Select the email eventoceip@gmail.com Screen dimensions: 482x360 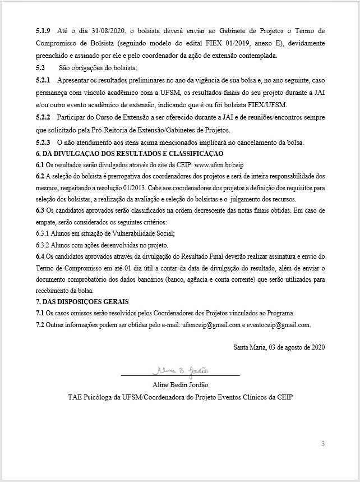[276, 324]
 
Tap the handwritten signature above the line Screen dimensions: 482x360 [180, 371]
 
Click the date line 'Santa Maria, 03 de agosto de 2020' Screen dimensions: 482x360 [279, 346]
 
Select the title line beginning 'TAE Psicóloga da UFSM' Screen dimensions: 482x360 [180, 397]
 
